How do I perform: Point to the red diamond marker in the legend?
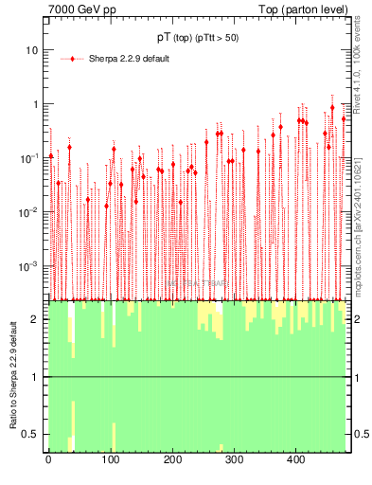click(73, 59)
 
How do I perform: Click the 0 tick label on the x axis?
click(49, 460)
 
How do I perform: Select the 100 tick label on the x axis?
click(111, 460)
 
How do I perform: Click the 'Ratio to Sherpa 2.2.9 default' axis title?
click(13, 376)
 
